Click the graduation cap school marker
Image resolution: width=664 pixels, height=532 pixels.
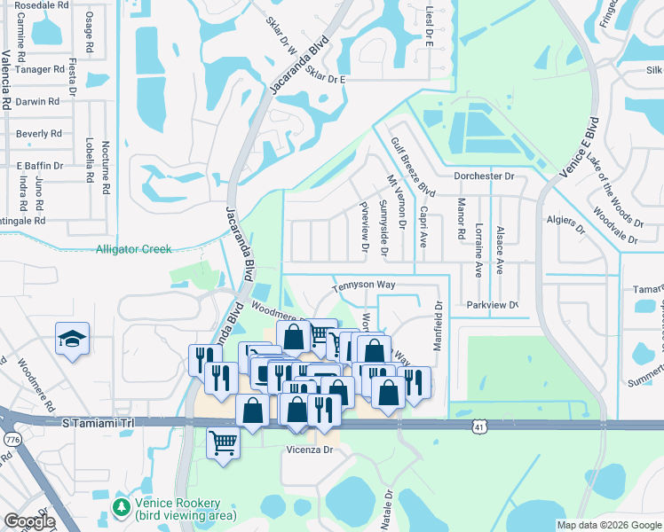click(x=72, y=339)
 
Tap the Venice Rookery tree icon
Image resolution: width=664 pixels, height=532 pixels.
click(x=123, y=506)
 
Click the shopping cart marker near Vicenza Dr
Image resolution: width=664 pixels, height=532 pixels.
click(x=223, y=441)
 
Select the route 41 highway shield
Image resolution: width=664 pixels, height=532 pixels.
click(x=478, y=426)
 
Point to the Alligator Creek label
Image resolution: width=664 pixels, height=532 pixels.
click(x=133, y=249)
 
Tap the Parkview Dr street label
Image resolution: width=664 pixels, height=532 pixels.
click(x=492, y=305)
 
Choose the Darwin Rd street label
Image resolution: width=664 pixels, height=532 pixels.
click(x=43, y=101)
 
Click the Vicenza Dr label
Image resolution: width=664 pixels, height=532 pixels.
click(x=308, y=450)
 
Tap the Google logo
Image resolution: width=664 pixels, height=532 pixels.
click(x=28, y=521)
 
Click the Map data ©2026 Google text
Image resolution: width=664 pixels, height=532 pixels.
click(x=609, y=525)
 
